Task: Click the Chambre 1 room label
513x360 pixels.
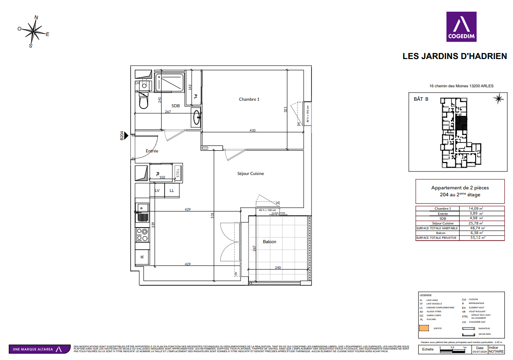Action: [x=249, y=99]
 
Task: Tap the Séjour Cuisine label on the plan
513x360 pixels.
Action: [x=250, y=174]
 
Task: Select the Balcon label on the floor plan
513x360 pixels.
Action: [x=269, y=242]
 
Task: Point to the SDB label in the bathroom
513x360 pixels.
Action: [x=175, y=106]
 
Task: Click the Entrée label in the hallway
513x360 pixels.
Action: [x=152, y=151]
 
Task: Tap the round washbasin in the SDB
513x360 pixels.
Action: [x=196, y=117]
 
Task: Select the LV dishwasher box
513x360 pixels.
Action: [x=157, y=190]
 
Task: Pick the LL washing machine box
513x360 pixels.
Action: [x=172, y=190]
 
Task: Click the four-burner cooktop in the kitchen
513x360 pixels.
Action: [x=142, y=235]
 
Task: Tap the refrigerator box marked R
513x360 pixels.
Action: [x=142, y=257]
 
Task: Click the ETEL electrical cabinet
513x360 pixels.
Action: [x=177, y=173]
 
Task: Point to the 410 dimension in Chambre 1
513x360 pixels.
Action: [x=252, y=130]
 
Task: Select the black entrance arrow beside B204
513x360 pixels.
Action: [x=126, y=136]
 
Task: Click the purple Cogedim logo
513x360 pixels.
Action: [x=461, y=26]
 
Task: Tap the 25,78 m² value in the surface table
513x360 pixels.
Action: [x=477, y=223]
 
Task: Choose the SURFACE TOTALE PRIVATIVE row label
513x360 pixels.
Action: [x=436, y=238]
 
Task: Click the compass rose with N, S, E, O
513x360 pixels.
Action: [x=33, y=31]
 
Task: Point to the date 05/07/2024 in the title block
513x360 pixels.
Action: [x=479, y=352]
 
